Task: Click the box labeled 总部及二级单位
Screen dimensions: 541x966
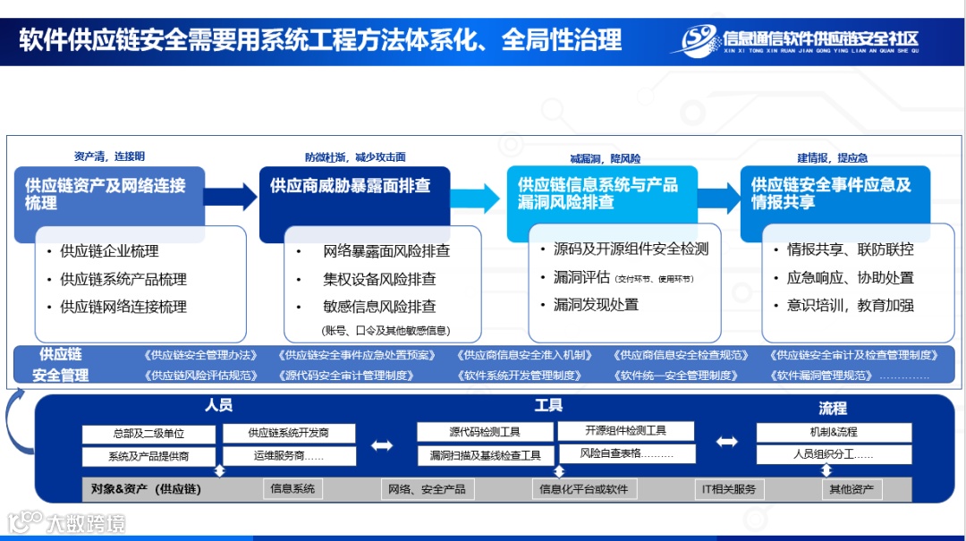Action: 148,434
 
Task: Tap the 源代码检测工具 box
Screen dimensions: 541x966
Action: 485,432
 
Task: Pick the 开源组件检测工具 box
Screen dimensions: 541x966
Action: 626,430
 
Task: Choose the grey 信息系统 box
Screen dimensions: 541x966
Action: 292,489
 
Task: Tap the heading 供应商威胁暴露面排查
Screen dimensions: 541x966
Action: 351,186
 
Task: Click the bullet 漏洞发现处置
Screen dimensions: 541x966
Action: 596,305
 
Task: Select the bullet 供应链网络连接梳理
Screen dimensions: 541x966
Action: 123,307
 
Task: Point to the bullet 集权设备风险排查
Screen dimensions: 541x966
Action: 379,279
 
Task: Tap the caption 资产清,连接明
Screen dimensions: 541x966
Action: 108,156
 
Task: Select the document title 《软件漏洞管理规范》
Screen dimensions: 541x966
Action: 820,376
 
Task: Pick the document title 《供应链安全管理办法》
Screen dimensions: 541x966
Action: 201,355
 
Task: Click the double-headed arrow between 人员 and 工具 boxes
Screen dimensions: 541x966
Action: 382,445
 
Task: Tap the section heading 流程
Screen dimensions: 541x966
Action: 832,409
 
